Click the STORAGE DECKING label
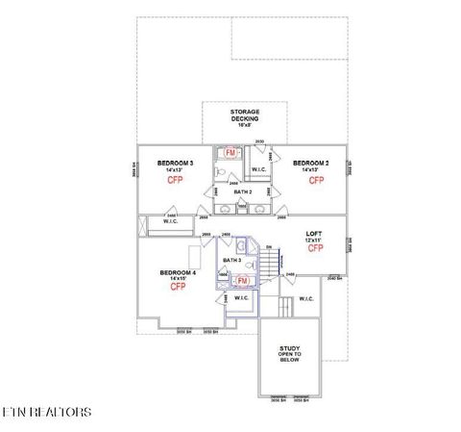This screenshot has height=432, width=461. tap(244, 116)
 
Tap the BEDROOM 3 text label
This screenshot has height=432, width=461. tap(176, 164)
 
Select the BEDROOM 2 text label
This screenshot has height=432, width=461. tap(311, 164)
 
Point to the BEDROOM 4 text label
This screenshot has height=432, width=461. tap(178, 272)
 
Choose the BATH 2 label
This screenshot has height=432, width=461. tap(243, 191)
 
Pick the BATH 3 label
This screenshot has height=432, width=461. tap(231, 261)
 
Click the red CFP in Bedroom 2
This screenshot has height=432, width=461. tap(315, 180)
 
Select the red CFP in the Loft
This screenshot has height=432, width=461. tap(315, 248)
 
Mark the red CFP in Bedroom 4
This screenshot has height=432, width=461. tap(178, 287)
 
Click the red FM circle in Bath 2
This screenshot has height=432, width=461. tap(230, 153)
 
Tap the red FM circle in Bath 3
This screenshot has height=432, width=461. tap(243, 280)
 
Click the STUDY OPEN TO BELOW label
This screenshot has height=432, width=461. tap(290, 355)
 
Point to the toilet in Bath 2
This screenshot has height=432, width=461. tap(221, 173)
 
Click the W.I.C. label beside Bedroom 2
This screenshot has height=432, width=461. tap(259, 170)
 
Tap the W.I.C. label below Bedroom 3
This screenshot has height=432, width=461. tap(171, 222)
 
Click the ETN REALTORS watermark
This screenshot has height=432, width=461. tap(48, 412)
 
